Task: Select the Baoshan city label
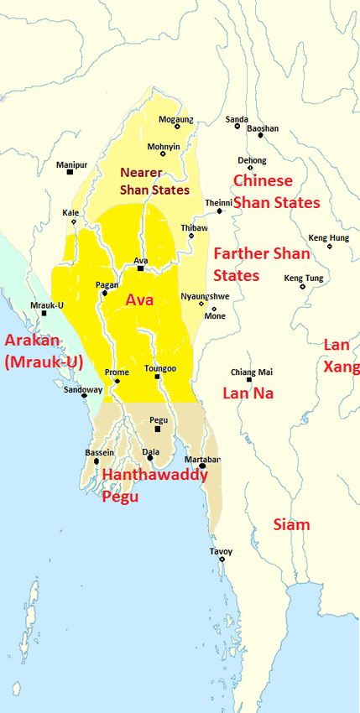(x=263, y=128)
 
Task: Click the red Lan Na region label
(x=248, y=393)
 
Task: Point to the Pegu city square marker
(x=157, y=429)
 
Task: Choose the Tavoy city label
(x=222, y=550)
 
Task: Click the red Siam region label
(x=292, y=524)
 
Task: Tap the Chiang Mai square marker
(x=249, y=380)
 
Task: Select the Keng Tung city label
(x=303, y=278)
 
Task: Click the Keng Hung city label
(x=328, y=237)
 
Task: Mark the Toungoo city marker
(x=157, y=377)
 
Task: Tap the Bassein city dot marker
(x=97, y=461)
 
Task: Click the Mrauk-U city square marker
(x=44, y=313)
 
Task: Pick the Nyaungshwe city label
(x=200, y=296)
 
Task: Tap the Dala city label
(x=151, y=451)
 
